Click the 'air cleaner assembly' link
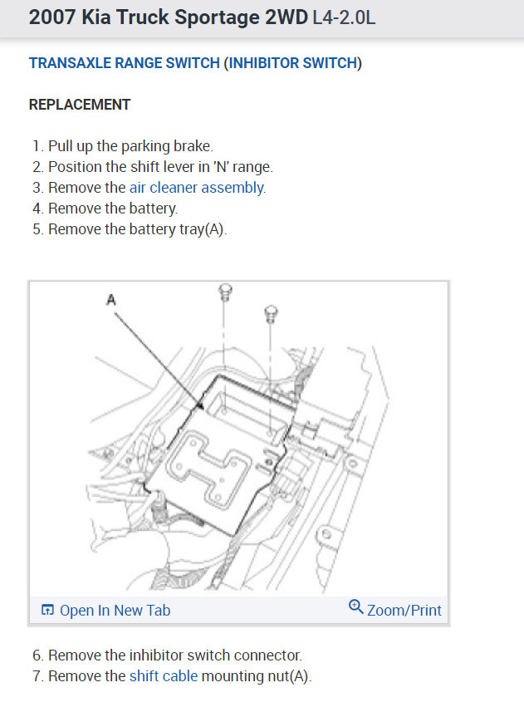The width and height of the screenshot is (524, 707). [197, 188]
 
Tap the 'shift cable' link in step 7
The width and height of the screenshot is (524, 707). [164, 675]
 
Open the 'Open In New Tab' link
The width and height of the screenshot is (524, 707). [115, 611]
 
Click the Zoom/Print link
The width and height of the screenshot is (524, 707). [404, 610]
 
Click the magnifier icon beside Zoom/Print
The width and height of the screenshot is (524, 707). [356, 607]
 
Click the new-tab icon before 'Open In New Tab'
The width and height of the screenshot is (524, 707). [47, 611]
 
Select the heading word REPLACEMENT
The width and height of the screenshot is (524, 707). [80, 105]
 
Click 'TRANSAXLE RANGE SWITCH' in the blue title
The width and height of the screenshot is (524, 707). [125, 63]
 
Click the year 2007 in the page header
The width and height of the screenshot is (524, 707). [51, 17]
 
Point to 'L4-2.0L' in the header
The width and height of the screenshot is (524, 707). [344, 17]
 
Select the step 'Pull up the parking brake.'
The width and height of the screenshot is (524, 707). [130, 146]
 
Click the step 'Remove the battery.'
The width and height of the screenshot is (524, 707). [113, 209]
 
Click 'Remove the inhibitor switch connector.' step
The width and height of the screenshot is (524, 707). [174, 655]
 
